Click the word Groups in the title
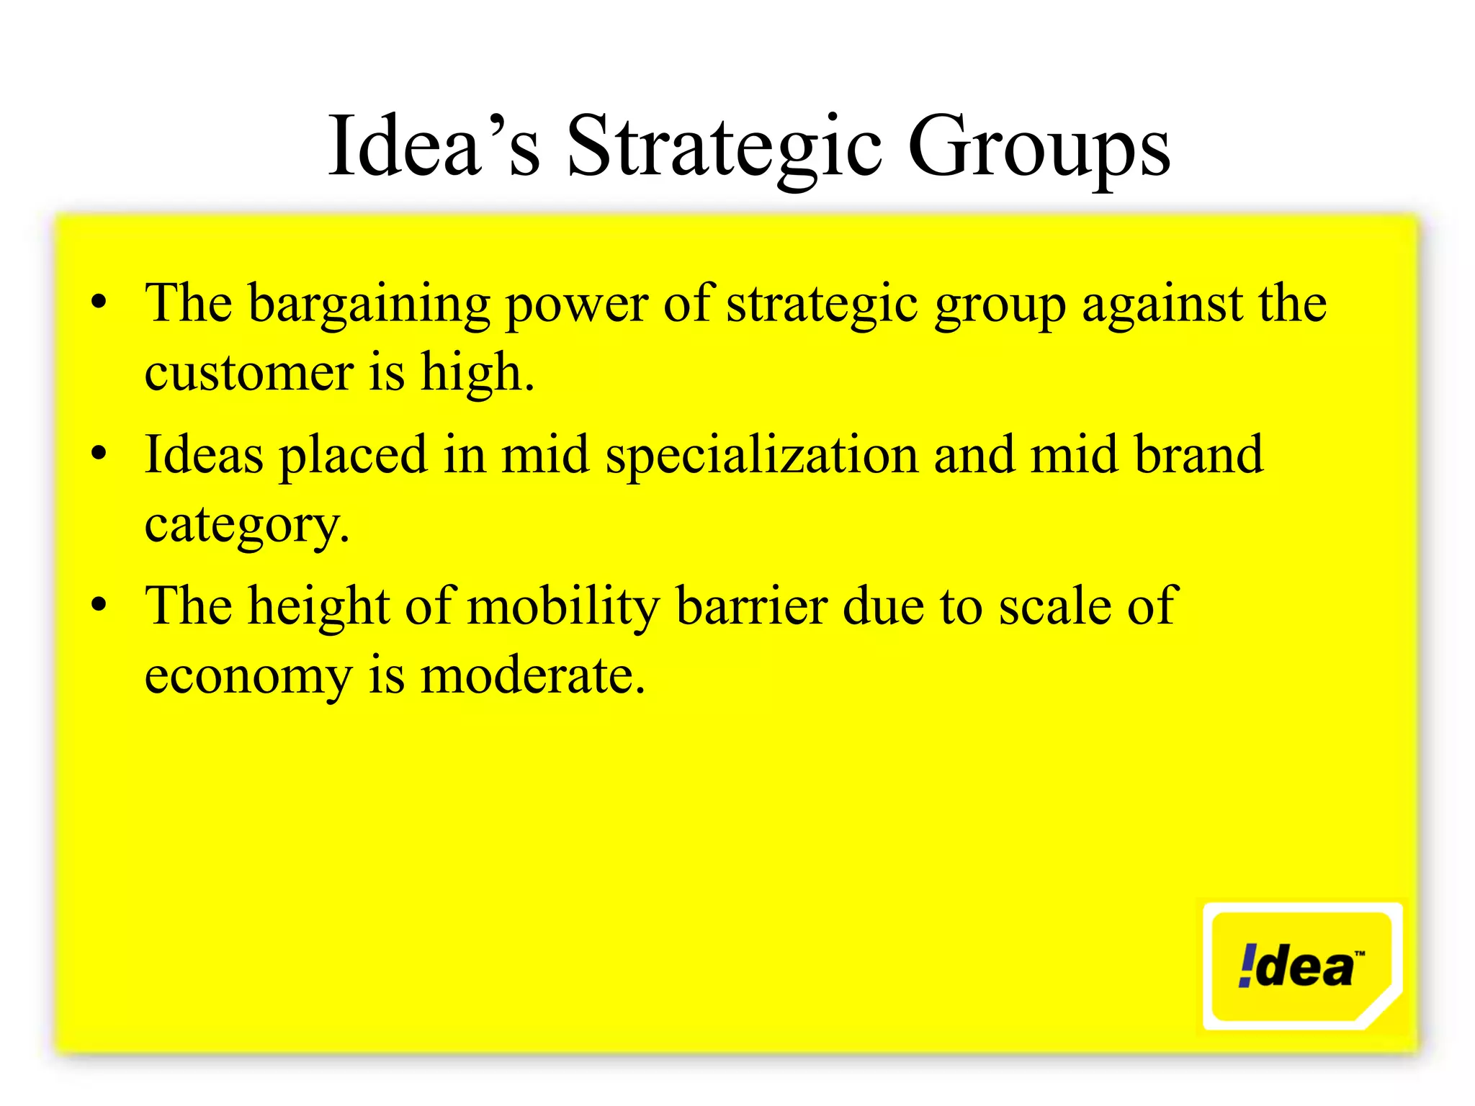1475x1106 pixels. click(1039, 148)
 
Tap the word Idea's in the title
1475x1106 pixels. click(434, 148)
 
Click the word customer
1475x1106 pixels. click(248, 374)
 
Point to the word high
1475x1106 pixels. click(477, 374)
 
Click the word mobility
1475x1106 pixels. click(563, 606)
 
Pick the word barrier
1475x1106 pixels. click(751, 606)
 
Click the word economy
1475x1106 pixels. click(248, 677)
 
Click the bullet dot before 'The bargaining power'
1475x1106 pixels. click(99, 303)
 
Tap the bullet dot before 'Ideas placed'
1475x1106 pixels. click(99, 454)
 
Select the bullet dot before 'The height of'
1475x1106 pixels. click(99, 606)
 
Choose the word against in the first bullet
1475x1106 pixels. click(1162, 304)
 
